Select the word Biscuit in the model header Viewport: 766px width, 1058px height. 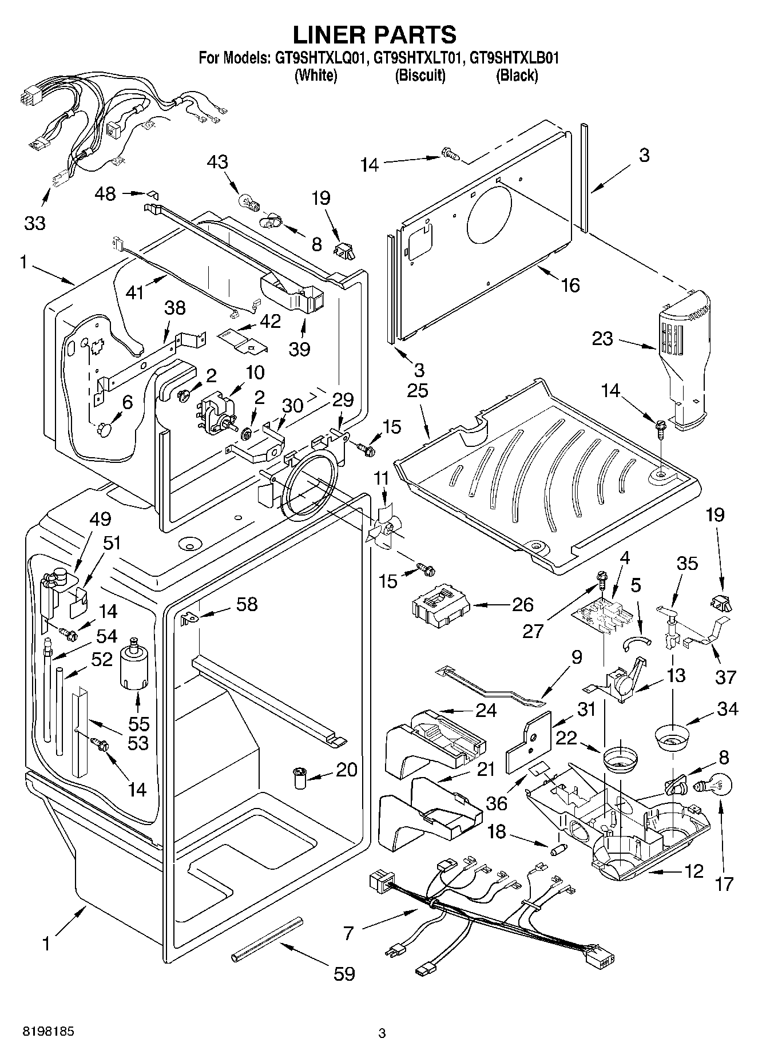click(420, 75)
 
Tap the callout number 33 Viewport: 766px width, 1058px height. click(35, 223)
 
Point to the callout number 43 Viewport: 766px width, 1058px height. click(217, 162)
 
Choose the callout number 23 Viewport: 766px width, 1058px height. click(602, 339)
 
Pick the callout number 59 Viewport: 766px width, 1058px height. click(344, 974)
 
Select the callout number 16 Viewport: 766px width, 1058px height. click(570, 284)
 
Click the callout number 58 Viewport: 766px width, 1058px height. click(247, 604)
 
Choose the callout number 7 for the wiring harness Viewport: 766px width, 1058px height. click(348, 934)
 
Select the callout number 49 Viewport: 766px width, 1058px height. click(100, 520)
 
